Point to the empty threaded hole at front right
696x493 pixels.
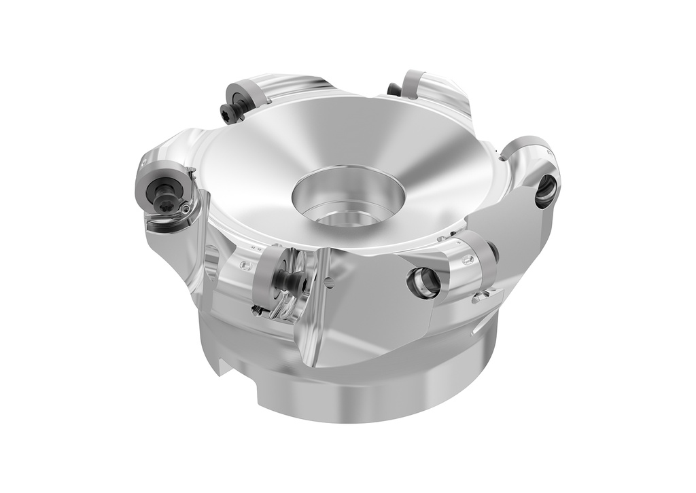pos(423,282)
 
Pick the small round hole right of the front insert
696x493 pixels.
pos(327,282)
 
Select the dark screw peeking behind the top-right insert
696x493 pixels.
pos(393,89)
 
